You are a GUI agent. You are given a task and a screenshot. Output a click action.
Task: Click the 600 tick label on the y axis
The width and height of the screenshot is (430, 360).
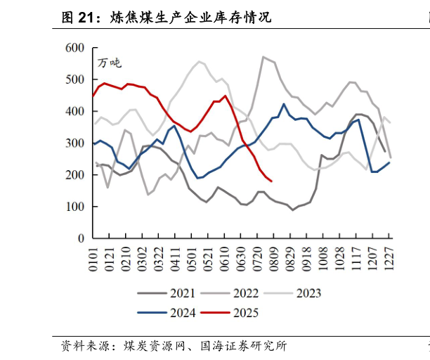point(74,48)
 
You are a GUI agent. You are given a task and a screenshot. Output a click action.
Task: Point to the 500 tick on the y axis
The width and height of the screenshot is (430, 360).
point(74,79)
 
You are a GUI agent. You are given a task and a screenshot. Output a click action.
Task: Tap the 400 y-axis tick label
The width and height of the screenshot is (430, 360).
point(74,111)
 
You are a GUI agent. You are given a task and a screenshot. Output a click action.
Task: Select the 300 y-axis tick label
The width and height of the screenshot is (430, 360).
point(74,143)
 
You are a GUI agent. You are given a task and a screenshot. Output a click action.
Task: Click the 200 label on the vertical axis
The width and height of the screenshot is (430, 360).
point(74,175)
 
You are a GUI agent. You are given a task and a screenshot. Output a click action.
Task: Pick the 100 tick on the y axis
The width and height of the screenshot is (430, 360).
point(74,207)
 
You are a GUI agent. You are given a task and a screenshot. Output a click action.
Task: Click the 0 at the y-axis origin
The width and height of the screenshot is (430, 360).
point(80,238)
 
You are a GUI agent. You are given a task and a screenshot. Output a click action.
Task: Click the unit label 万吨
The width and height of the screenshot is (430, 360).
point(109,63)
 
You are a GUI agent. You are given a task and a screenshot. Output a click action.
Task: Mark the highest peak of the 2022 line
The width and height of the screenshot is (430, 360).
point(263,57)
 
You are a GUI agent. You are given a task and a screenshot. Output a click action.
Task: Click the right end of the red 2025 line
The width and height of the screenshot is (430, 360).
point(271,181)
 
